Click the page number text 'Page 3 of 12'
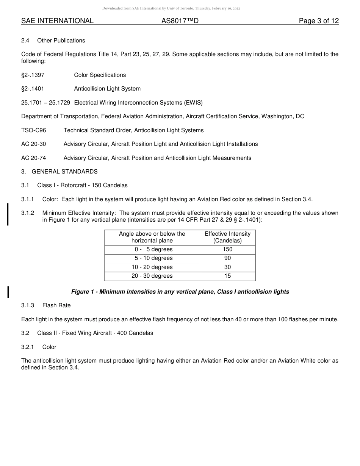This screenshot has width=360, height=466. coord(318,21)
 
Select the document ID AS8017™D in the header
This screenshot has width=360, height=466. coord(180,21)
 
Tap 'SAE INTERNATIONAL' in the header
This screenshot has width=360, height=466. coord(57,21)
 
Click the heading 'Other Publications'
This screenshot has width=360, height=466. coord(61,41)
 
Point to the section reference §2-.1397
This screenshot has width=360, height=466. coord(33,75)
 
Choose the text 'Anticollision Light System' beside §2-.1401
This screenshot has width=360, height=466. coord(107,89)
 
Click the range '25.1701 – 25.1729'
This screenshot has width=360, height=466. coord(45,103)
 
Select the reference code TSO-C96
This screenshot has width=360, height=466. coord(34,130)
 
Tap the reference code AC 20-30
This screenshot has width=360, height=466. coord(34,144)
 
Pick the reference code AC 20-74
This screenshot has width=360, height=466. coord(34,158)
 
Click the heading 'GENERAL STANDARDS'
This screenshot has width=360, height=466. coord(64,172)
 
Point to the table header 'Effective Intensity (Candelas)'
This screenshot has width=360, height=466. coord(227,237)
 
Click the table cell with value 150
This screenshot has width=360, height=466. coord(227,249)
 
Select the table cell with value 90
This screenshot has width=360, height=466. coord(227,258)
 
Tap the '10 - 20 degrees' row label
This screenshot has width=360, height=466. coord(152,267)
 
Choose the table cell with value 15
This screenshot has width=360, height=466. coord(227,276)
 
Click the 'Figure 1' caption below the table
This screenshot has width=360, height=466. coord(180,292)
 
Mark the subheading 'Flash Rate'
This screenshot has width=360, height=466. coord(56,305)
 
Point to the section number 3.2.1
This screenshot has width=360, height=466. coord(28,347)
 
